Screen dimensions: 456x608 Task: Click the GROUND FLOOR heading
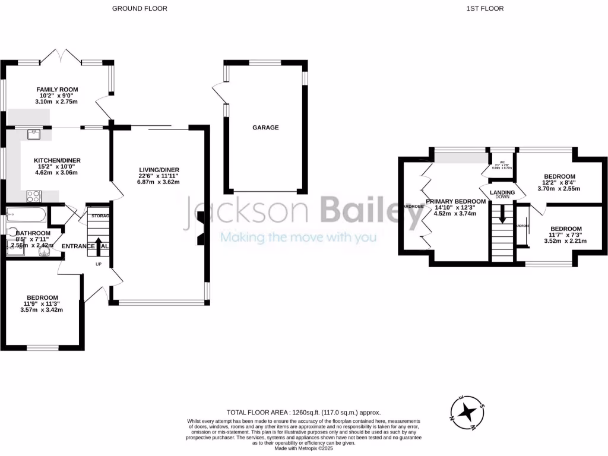140,8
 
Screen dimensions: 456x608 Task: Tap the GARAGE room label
265,128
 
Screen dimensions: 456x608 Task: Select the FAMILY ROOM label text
58,90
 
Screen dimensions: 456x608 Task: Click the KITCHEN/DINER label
57,160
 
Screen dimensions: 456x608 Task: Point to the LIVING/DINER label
155,170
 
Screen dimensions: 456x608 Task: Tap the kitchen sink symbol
34,134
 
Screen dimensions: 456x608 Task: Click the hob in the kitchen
33,196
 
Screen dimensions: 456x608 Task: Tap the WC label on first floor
502,162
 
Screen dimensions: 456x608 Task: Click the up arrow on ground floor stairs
99,243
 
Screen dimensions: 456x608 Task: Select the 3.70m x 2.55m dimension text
559,189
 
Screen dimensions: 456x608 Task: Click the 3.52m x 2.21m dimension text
566,241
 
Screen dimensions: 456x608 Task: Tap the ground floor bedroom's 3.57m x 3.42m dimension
42,309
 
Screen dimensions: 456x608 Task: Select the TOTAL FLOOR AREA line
303,412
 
